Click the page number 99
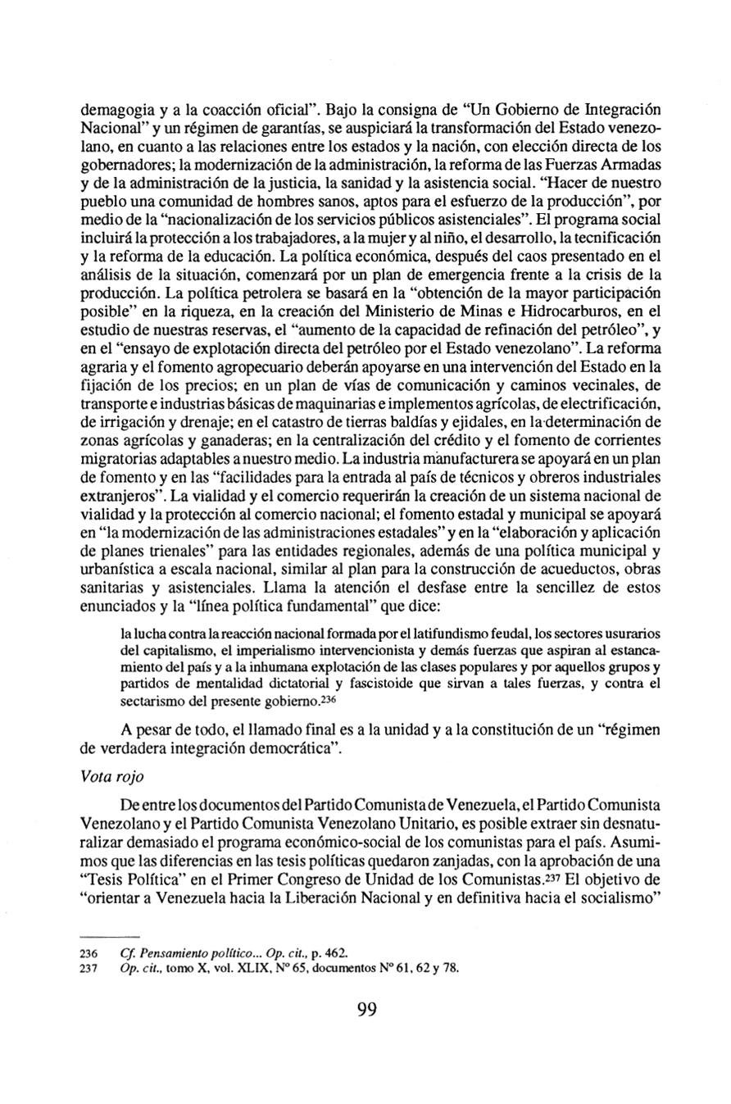click(x=366, y=1010)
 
